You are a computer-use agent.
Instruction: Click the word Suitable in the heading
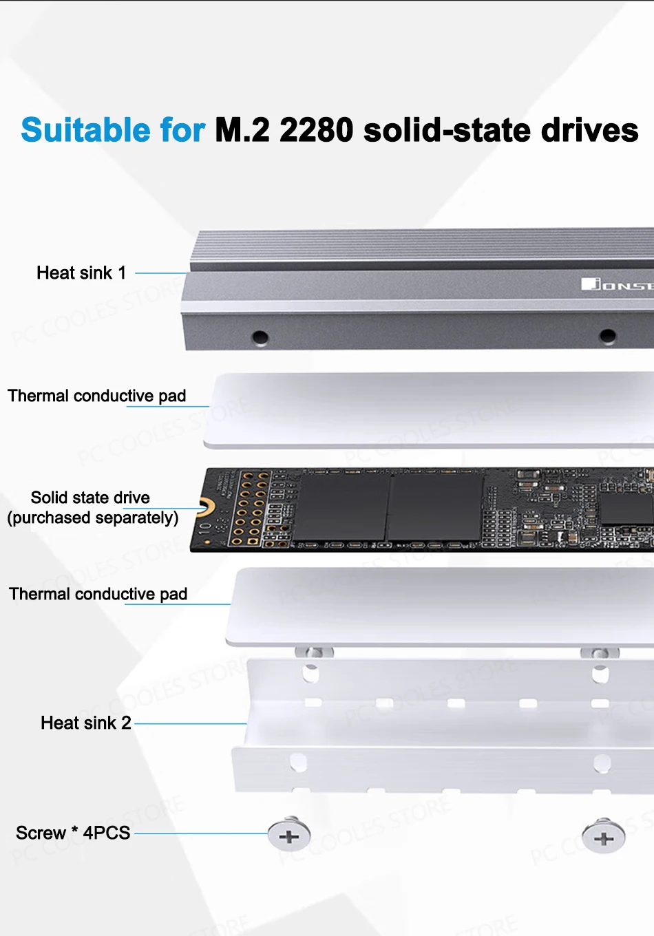click(85, 129)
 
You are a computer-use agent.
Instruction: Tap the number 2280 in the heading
click(317, 129)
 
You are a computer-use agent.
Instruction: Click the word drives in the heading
click(590, 129)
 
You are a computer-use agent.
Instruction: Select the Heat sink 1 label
click(81, 273)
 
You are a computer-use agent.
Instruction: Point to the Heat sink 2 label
click(85, 723)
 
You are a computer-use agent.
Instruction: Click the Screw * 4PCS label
click(73, 833)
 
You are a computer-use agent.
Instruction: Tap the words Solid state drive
click(90, 497)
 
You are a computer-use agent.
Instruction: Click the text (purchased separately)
click(93, 518)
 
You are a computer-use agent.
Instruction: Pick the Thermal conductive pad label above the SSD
click(96, 396)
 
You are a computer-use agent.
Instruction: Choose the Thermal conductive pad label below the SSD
click(98, 594)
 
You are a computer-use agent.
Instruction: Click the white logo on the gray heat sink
click(618, 284)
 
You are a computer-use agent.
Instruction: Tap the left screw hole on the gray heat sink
click(260, 337)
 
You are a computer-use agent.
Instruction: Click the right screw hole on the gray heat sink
click(607, 336)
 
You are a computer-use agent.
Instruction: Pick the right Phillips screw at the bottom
click(604, 836)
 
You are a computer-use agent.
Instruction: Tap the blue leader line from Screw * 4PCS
click(201, 833)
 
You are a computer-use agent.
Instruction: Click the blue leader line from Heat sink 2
click(191, 723)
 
